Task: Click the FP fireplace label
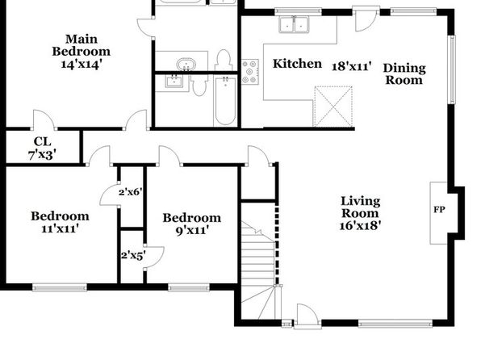pos(439,210)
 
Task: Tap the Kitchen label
pos(297,64)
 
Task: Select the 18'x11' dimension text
pos(352,66)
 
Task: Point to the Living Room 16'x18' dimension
pos(360,225)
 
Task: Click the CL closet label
pos(42,142)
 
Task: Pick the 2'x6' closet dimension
pos(131,192)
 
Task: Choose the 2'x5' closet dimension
pos(133,255)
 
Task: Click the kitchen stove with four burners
pos(250,72)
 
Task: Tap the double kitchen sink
pos(295,24)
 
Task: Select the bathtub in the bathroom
pos(225,101)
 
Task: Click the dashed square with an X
pos(333,107)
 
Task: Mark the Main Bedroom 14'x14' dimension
pos(82,65)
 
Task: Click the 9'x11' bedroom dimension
pos(192,230)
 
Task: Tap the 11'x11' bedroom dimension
pos(61,228)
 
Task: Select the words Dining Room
pos(404,74)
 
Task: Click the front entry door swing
pos(307,314)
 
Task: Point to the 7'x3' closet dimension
pos(42,155)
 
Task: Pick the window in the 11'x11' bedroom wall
pos(60,287)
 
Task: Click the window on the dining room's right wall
pos(452,69)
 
